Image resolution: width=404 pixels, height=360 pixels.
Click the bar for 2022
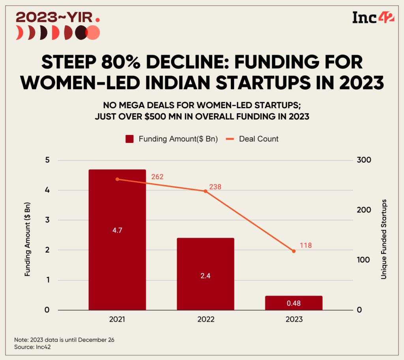point(205,274)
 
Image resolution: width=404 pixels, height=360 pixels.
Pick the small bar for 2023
point(294,303)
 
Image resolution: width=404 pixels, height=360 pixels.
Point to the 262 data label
point(157,177)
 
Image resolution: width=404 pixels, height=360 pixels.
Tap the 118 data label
point(305,246)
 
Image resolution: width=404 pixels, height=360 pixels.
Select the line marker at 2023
point(294,251)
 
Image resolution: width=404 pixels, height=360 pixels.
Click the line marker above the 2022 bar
point(205,191)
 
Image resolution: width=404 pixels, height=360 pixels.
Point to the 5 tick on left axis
point(47,160)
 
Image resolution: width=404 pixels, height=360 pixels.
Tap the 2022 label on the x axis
point(205,320)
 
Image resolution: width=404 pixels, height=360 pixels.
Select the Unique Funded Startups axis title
point(383,239)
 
